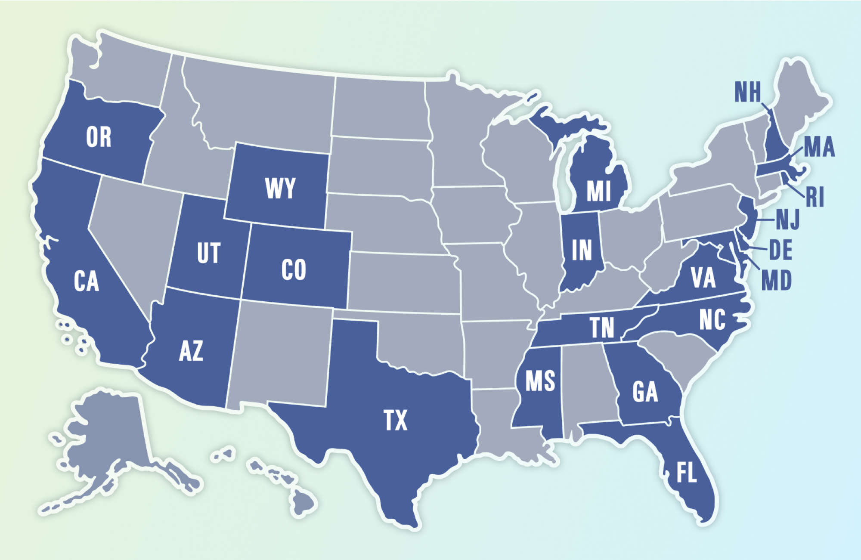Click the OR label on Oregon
[99, 137]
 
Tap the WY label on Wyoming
[280, 189]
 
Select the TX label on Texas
[395, 421]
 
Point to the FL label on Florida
[686, 473]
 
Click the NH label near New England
[747, 92]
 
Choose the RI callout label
[815, 198]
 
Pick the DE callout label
[780, 251]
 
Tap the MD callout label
[776, 281]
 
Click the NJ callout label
[788, 220]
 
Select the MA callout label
[819, 147]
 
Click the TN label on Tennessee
[602, 328]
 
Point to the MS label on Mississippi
[540, 381]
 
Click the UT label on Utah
[209, 253]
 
